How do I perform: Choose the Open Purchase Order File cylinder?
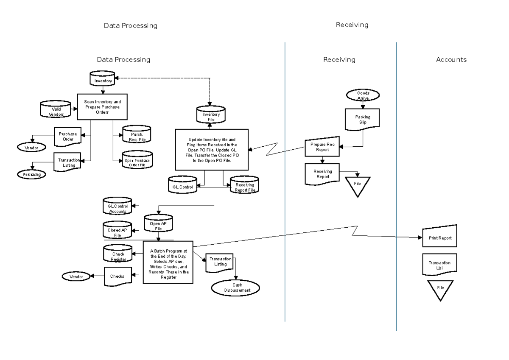pos(137,160)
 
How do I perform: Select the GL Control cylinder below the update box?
pos(184,184)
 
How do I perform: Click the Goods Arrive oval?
pos(363,95)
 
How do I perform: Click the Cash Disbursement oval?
pos(235,287)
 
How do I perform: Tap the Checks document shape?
pos(117,276)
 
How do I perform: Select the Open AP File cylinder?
pos(159,223)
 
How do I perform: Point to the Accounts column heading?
pos(451,60)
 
